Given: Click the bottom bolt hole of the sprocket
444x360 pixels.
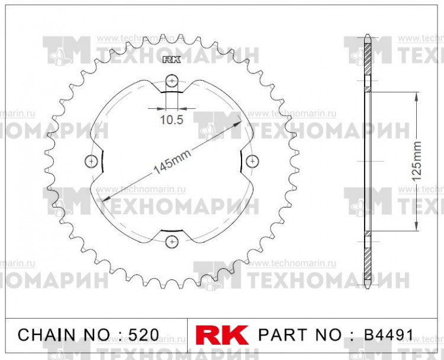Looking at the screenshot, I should point(172,240).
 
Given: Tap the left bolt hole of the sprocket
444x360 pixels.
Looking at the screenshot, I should point(91,160).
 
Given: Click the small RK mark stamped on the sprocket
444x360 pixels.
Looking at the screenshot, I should point(171,59).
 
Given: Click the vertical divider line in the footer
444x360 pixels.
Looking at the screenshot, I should point(187,334).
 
